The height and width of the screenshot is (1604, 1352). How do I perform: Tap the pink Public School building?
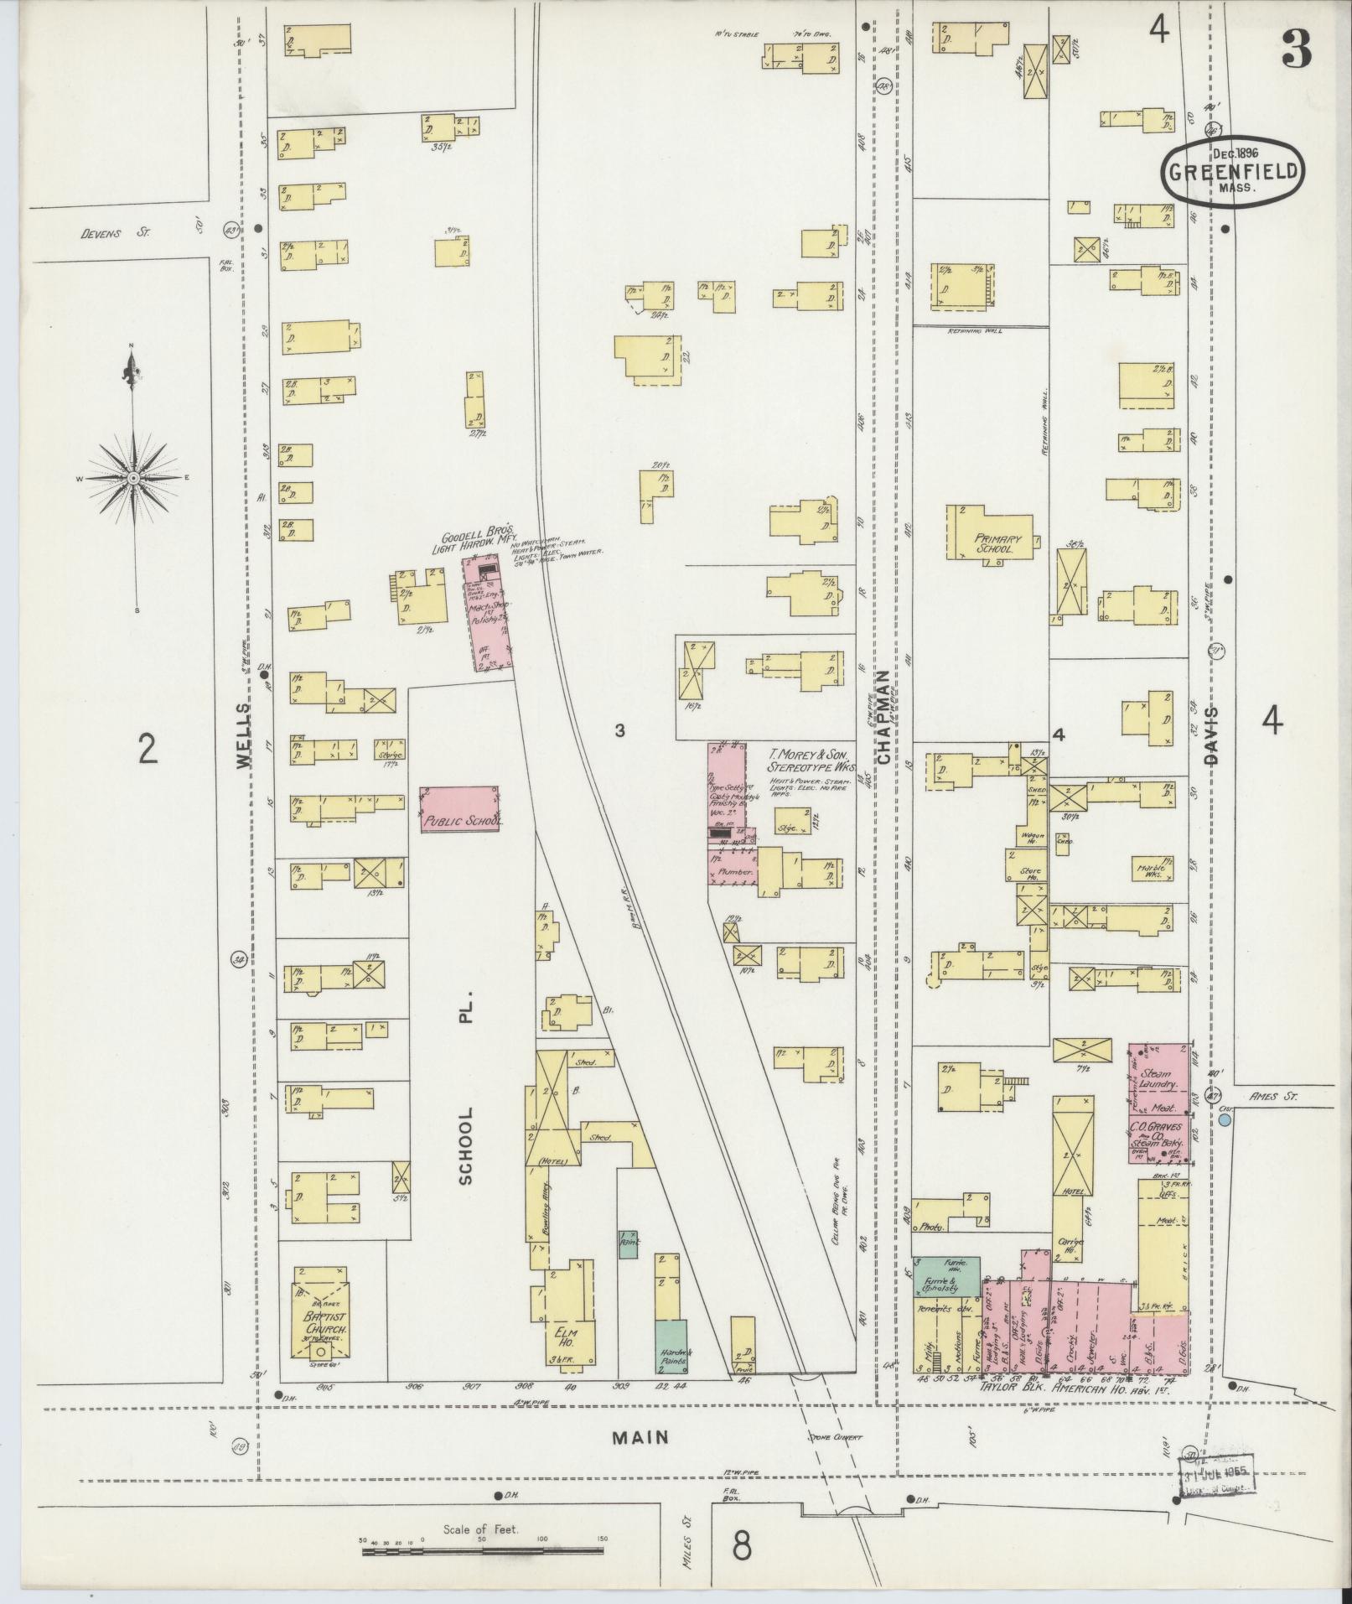point(460,809)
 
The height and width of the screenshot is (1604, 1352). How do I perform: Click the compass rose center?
point(133,478)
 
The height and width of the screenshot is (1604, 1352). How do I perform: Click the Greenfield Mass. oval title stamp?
point(1231,170)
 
